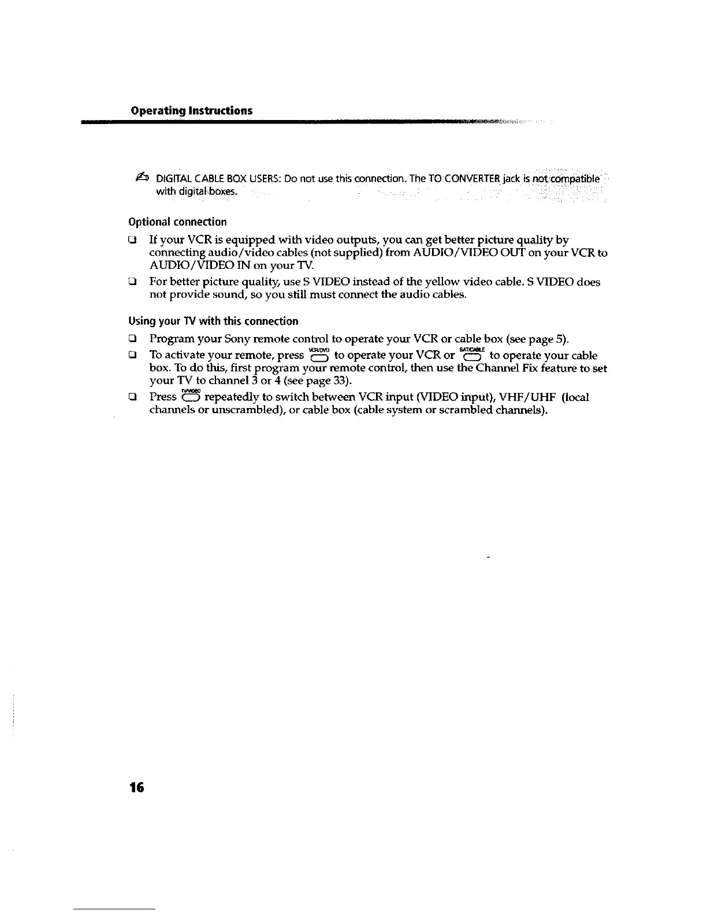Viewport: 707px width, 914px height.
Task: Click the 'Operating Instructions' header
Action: (192, 110)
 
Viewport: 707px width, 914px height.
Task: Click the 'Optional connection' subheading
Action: (177, 222)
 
